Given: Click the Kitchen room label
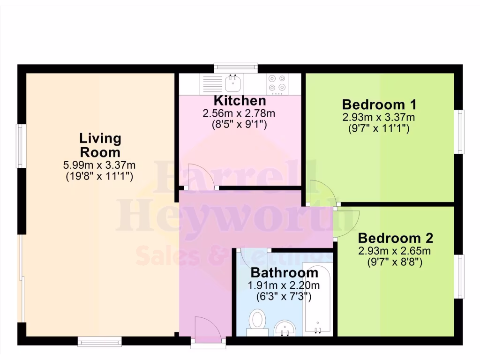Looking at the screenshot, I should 240,101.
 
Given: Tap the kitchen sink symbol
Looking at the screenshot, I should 233,84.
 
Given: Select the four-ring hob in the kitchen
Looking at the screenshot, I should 277,83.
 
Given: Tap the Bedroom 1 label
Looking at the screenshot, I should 379,104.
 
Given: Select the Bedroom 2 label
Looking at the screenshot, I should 395,238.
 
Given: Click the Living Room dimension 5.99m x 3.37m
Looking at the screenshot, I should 99,165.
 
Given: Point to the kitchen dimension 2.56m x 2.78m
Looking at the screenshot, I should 239,113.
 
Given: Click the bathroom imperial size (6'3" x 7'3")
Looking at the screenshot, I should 284,296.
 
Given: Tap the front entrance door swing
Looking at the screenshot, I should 207,327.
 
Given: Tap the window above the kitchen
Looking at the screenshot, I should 236,68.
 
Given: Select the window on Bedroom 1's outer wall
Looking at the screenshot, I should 460,132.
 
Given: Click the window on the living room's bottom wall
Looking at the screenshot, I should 99,341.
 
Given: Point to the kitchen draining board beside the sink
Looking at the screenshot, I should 212,84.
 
